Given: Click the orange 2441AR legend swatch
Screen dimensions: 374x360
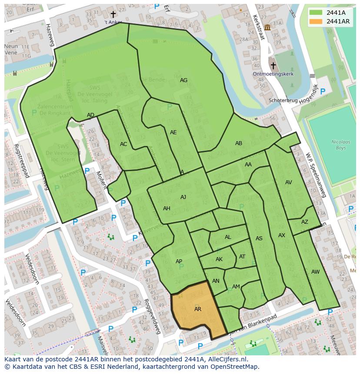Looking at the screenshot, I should click(x=316, y=21).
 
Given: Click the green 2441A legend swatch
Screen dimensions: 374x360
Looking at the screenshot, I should click(x=316, y=13).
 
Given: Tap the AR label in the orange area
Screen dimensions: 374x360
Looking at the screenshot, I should click(x=198, y=309).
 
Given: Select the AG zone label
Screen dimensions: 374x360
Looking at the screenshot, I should click(x=183, y=80).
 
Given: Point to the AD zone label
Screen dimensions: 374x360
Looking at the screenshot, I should click(x=90, y=115).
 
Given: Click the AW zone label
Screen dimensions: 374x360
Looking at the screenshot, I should click(x=315, y=272).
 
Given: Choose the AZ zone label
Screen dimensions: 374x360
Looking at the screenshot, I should click(x=304, y=222).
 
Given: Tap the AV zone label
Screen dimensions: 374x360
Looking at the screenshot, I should click(x=289, y=182).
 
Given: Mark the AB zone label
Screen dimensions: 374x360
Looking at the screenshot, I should click(x=239, y=143).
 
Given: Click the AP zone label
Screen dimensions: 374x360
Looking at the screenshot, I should click(x=179, y=261).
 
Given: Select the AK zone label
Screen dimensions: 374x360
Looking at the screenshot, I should click(x=219, y=259).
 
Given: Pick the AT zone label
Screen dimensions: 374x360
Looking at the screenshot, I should click(x=242, y=257).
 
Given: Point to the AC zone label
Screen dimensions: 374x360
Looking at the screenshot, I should click(x=123, y=144).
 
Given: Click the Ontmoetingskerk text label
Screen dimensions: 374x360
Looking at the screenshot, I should click(x=273, y=74).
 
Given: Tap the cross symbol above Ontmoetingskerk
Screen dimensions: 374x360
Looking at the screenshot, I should click(x=273, y=66).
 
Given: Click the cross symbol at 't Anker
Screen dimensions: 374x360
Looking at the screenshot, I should click(x=113, y=15).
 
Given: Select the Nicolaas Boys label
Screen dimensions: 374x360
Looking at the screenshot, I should click(x=332, y=145).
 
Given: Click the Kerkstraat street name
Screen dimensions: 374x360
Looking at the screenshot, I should click(x=258, y=27).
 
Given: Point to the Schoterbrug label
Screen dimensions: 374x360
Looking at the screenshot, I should click(x=283, y=100).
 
